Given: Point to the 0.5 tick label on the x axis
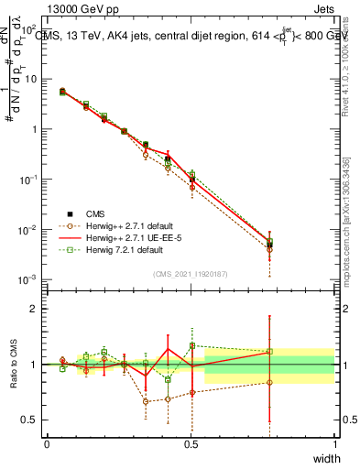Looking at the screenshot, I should [191, 442].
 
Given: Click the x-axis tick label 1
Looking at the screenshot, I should [335, 442].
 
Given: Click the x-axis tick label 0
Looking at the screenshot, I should [47, 442].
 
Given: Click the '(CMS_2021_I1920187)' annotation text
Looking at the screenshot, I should [190, 273].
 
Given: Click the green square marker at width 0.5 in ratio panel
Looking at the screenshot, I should [191, 346].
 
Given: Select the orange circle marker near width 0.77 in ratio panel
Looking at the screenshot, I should [269, 383].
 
